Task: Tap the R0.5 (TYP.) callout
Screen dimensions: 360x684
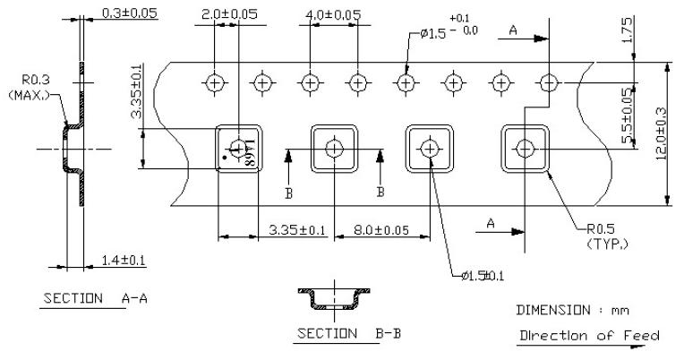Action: (x=595, y=236)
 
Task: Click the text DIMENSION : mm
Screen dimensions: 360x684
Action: (x=568, y=310)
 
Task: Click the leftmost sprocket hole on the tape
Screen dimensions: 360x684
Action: (x=214, y=83)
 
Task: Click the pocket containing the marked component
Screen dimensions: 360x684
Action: (x=237, y=148)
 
